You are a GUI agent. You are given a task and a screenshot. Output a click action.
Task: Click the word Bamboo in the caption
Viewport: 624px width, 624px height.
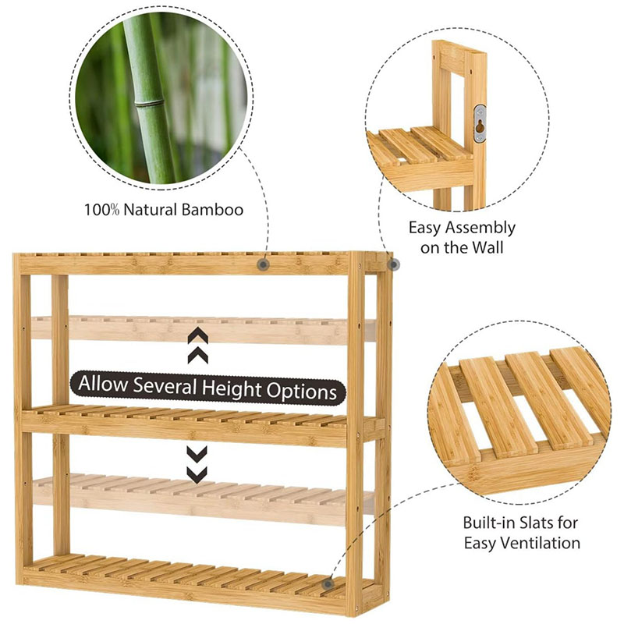coord(212,210)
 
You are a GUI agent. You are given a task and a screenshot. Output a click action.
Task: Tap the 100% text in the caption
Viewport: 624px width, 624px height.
coord(101,210)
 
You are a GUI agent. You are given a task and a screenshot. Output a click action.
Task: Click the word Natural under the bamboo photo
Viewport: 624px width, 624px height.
coord(150,210)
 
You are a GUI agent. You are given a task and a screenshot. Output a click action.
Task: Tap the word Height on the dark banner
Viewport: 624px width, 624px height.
coord(232,388)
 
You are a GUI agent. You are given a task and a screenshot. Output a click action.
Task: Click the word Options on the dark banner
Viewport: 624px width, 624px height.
coord(302,392)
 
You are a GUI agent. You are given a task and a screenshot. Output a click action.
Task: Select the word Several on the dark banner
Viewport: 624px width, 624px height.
coord(165,385)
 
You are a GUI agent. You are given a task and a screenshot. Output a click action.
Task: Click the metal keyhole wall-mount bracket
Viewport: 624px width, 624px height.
coord(480,124)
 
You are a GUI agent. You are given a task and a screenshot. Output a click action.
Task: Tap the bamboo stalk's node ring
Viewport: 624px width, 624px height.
coord(149,104)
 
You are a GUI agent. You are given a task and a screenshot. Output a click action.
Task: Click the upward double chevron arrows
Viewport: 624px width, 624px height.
coord(198,346)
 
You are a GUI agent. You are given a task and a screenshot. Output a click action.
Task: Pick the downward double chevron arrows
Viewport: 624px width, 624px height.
coord(197,464)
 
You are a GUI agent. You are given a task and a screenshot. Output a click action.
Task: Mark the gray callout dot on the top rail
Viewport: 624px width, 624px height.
coord(263,264)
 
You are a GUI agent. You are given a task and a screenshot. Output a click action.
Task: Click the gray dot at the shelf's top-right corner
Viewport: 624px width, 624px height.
coord(393,264)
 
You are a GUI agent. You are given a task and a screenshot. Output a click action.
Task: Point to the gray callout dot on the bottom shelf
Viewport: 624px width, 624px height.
coord(328,583)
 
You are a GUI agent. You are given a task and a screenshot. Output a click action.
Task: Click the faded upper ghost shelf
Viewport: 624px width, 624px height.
coord(203,329)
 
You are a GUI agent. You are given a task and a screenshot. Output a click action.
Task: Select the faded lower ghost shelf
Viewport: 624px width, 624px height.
coord(203,498)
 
